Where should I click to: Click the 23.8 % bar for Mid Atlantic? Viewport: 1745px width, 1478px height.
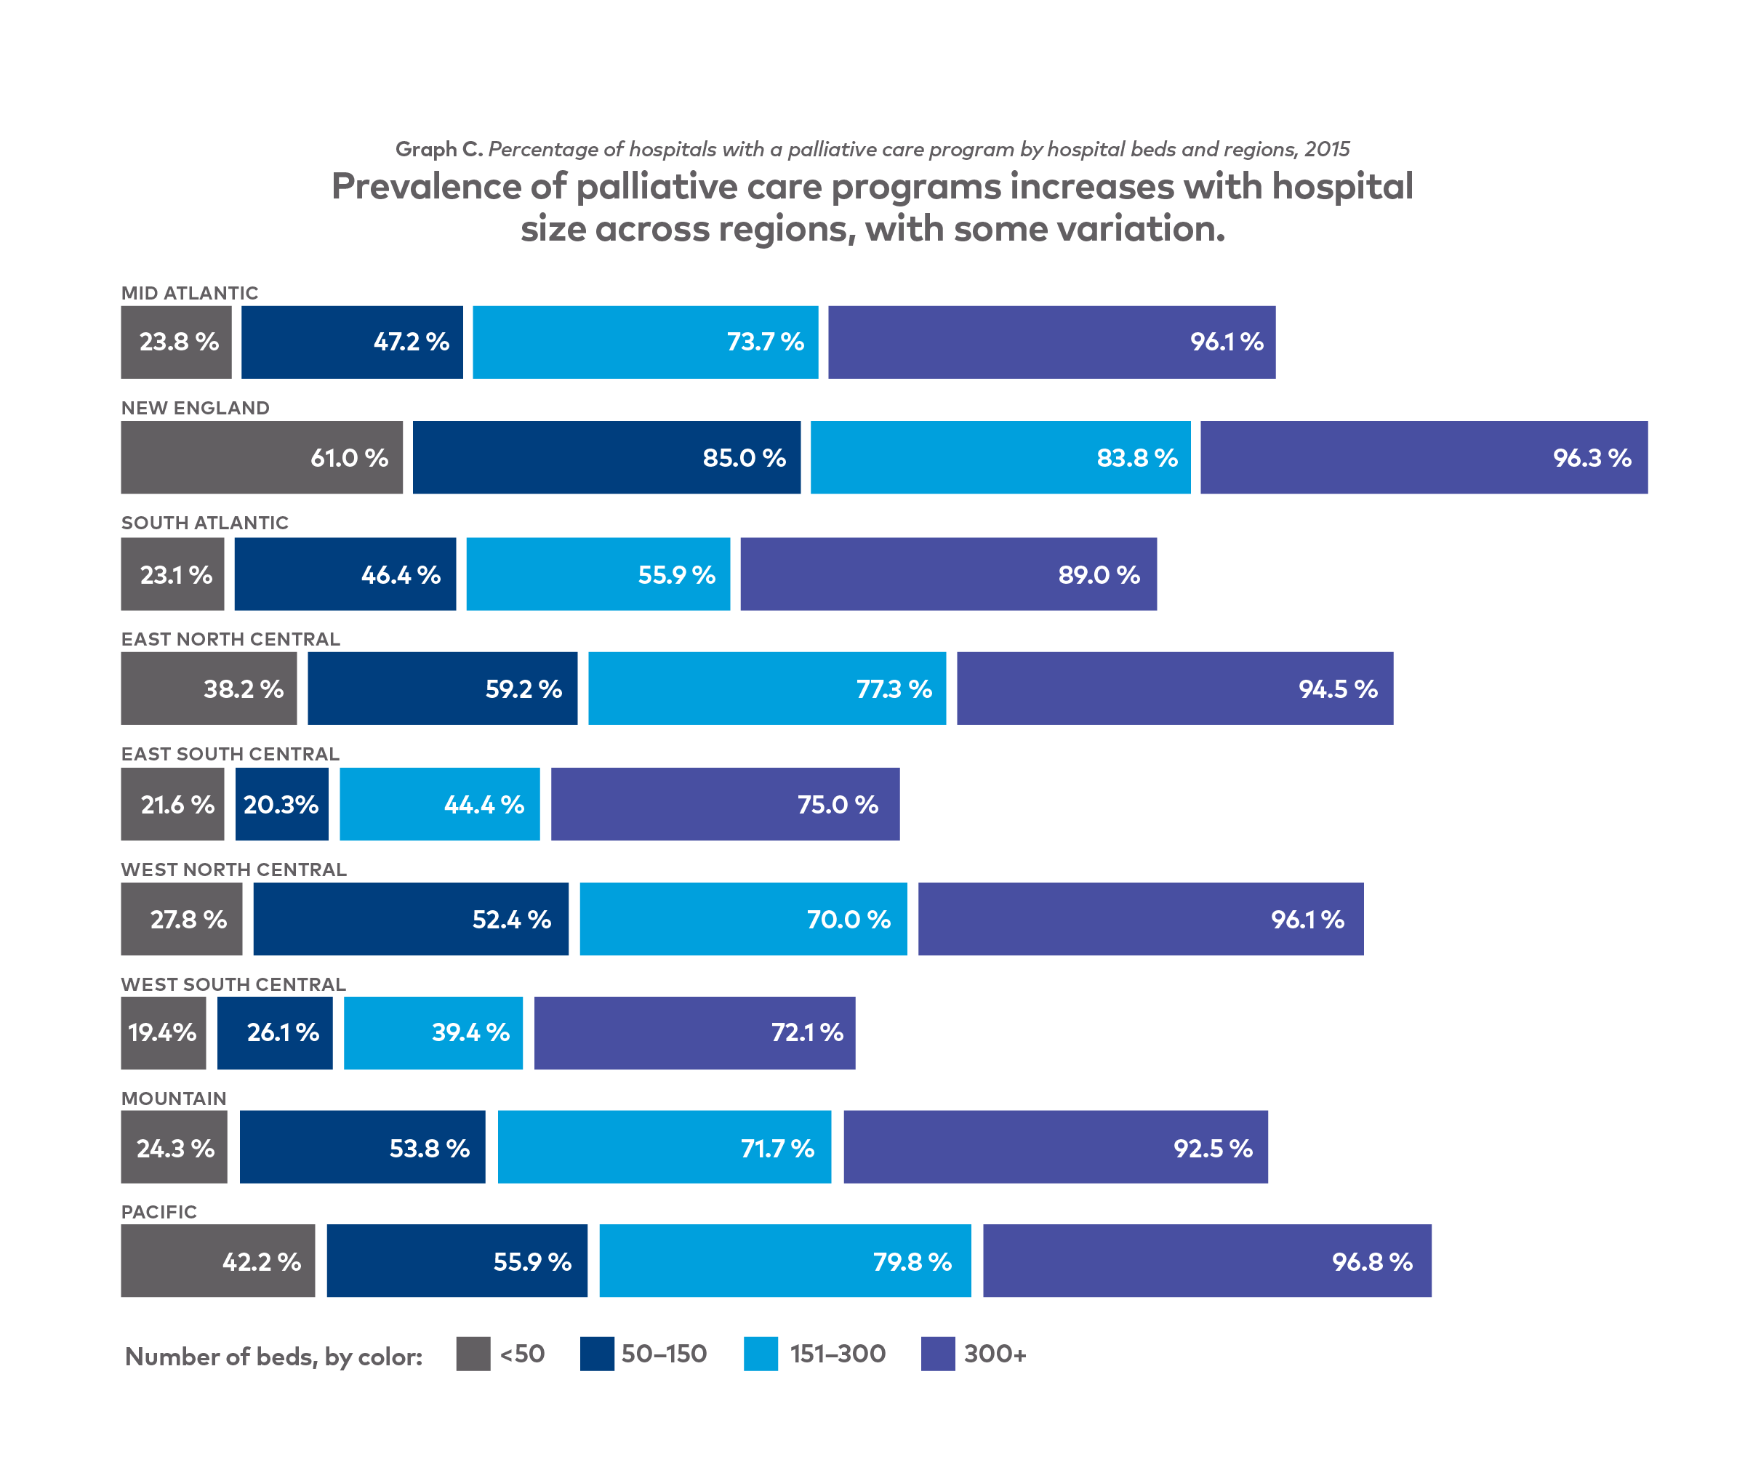point(176,342)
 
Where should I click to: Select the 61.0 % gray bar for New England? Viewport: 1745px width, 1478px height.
point(261,457)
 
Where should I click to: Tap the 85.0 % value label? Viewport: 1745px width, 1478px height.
point(744,457)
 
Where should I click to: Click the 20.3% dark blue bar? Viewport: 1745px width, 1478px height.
point(281,804)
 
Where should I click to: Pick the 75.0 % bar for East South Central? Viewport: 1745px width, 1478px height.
point(725,804)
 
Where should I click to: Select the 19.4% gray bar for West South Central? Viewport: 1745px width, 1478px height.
point(164,1032)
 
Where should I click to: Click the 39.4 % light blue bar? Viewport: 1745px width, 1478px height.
point(433,1032)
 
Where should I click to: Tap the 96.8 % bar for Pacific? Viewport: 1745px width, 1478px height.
point(1206,1261)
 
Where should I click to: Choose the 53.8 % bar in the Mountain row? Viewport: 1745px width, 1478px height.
point(362,1147)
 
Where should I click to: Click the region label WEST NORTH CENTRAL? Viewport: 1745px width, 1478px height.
point(233,869)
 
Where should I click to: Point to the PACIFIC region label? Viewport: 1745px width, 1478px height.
point(159,1212)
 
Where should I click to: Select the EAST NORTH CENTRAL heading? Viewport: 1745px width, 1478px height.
point(230,639)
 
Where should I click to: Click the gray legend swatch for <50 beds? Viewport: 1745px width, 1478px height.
point(473,1354)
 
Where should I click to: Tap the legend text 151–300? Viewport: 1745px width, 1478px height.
point(837,1354)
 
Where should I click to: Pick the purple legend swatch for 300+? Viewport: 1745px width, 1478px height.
point(937,1354)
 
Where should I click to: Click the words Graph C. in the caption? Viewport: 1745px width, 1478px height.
point(438,149)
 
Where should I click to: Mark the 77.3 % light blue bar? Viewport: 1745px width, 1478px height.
point(766,688)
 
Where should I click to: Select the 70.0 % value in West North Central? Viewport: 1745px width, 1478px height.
point(848,919)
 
